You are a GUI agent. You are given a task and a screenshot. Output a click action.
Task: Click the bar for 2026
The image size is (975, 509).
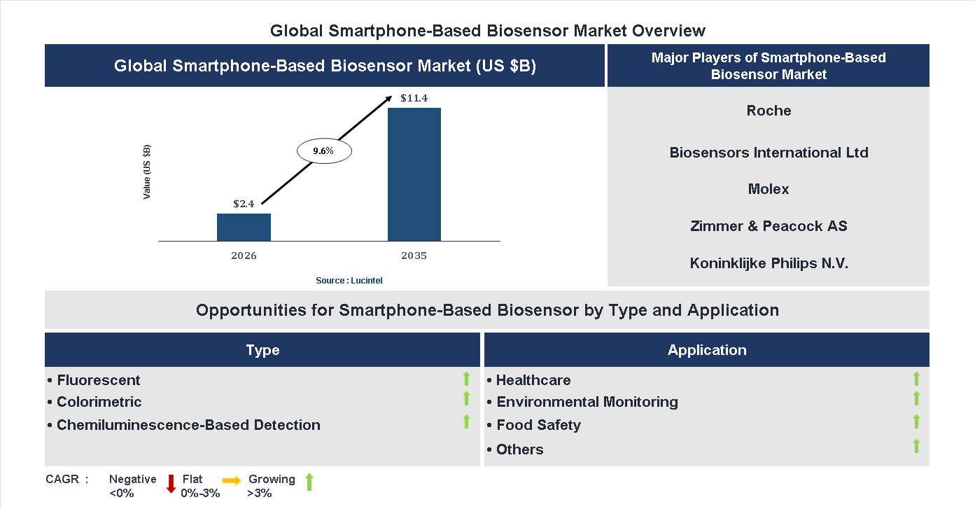(x=244, y=228)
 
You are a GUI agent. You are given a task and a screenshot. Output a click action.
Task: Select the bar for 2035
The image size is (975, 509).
(x=414, y=174)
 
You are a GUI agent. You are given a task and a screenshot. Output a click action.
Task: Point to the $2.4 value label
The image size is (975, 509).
(x=244, y=204)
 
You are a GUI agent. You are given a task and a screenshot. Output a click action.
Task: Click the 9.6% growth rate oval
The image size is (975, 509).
(x=324, y=151)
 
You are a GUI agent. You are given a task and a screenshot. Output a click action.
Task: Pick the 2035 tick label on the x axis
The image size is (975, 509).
(x=414, y=256)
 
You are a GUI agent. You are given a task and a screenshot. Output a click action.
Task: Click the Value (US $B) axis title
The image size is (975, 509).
(x=147, y=172)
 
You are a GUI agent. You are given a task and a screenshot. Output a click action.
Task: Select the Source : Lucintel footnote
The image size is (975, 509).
(x=349, y=281)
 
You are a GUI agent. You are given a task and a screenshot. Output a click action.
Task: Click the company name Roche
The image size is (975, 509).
(x=769, y=111)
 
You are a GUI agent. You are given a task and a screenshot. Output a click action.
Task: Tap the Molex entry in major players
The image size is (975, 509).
(x=769, y=189)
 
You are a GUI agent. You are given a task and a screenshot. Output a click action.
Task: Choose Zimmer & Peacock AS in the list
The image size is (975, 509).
(x=769, y=226)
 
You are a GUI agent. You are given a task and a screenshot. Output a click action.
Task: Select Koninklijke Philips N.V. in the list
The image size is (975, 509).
(x=769, y=263)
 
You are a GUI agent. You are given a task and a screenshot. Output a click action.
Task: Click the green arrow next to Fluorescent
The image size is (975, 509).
(x=466, y=379)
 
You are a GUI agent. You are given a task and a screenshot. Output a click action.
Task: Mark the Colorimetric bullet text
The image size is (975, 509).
(x=99, y=402)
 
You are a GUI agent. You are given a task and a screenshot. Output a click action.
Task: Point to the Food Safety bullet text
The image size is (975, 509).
(x=538, y=425)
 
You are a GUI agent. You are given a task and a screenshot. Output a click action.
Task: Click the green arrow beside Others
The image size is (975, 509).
(x=916, y=446)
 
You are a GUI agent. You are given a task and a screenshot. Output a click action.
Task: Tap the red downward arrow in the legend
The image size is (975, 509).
(x=170, y=484)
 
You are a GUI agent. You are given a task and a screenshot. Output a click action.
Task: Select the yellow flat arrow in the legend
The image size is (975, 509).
(x=232, y=480)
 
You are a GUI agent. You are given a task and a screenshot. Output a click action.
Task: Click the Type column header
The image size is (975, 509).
(x=262, y=350)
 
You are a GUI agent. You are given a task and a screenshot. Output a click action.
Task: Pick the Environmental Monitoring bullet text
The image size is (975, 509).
(x=587, y=402)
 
